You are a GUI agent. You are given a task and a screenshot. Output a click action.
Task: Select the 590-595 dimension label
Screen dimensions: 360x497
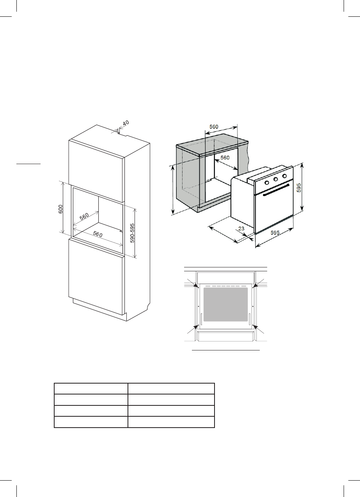pyautogui.click(x=132, y=233)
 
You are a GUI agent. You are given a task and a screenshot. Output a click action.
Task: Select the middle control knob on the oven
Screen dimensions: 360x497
pyautogui.click(x=275, y=180)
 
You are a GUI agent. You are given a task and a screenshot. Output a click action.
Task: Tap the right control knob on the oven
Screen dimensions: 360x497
pyautogui.click(x=284, y=177)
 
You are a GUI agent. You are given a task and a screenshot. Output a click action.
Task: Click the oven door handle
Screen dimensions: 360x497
pyautogui.click(x=276, y=190)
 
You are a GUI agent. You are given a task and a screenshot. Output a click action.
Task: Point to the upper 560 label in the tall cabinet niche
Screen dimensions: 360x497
pyautogui.click(x=83, y=217)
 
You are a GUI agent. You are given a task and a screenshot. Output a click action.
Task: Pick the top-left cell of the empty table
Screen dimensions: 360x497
pyautogui.click(x=91, y=389)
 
